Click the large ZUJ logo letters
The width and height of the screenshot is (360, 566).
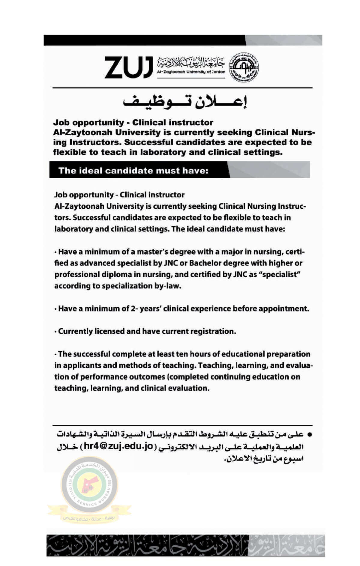[128, 67]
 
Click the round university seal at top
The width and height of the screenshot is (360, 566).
[244, 66]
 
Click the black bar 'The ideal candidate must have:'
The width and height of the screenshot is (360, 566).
[133, 171]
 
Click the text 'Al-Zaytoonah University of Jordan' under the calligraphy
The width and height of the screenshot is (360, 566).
[191, 72]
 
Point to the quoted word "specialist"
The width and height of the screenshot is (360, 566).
[281, 275]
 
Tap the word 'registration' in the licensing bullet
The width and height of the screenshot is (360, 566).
[214, 331]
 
